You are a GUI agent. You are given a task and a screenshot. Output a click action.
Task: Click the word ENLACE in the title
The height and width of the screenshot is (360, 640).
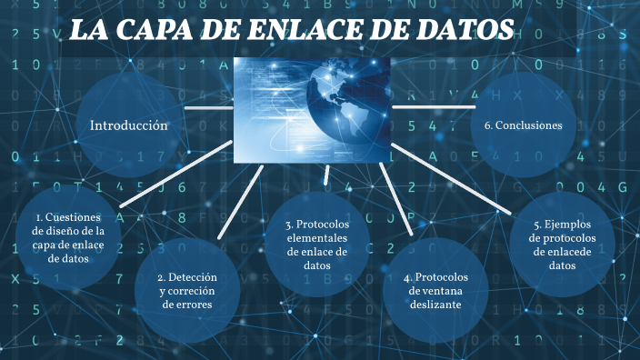[293, 31]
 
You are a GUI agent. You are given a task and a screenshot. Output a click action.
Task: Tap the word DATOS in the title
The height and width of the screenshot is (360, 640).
[457, 31]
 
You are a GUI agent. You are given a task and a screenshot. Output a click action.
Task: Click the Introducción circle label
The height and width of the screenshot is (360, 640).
[129, 125]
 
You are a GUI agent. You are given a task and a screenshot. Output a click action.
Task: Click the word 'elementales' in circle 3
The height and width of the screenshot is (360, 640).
[316, 238]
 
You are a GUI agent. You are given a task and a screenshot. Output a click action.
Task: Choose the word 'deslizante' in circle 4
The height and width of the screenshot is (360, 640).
[435, 305]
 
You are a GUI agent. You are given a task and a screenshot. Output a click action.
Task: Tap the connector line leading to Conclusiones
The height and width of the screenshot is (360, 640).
[433, 106]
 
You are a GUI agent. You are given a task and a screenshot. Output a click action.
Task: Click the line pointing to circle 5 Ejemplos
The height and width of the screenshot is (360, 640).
[455, 182]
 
